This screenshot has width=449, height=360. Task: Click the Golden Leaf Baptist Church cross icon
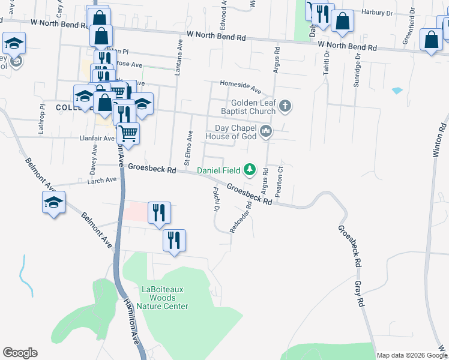(x=285, y=107)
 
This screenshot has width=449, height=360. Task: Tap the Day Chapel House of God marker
(x=265, y=131)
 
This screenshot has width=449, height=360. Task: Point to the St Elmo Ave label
(x=188, y=148)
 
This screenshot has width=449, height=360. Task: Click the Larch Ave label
(x=102, y=180)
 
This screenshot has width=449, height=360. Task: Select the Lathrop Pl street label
(x=43, y=114)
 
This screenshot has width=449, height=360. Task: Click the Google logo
(x=20, y=353)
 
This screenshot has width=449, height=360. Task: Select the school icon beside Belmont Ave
(x=53, y=202)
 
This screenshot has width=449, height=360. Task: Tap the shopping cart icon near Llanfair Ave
(x=127, y=133)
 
